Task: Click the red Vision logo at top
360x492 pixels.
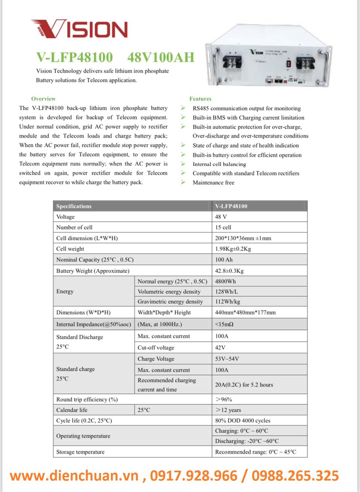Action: (79, 29)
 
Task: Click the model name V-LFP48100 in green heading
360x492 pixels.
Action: (75, 57)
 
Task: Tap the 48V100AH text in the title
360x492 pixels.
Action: (161, 57)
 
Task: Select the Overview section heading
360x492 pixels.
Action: (43, 99)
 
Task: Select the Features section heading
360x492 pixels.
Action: (200, 99)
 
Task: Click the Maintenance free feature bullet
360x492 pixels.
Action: (213, 183)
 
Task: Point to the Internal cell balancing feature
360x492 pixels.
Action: (219, 164)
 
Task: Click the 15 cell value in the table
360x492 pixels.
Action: (223, 227)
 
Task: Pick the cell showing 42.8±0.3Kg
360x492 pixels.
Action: (229, 271)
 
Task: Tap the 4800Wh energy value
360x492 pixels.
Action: (225, 281)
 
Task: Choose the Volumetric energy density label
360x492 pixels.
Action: (169, 291)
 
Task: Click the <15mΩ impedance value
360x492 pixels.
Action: (224, 324)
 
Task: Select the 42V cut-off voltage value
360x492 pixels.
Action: (220, 347)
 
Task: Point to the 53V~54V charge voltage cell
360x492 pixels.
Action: (227, 358)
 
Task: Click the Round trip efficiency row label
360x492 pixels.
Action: (87, 399)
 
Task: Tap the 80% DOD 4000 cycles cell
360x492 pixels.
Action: (243, 420)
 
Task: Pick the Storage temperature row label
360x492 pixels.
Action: (80, 452)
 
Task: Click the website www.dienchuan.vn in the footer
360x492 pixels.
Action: (74, 476)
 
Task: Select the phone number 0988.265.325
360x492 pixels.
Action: (295, 476)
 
